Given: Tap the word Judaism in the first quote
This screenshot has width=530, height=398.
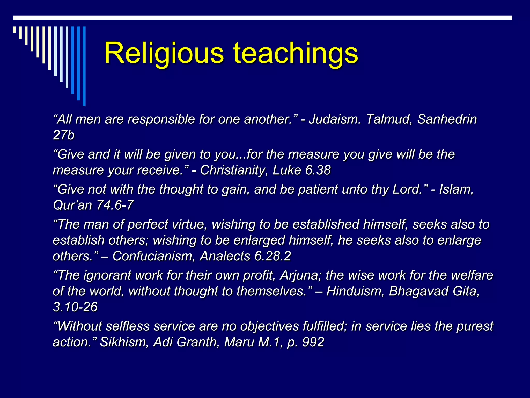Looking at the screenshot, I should click(334, 119).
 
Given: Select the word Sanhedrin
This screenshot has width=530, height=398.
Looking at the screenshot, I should click(447, 119).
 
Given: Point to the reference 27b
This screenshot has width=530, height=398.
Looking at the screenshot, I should click(64, 135).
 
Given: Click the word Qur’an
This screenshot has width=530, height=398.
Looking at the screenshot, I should click(72, 205).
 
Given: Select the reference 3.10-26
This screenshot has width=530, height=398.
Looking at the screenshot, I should click(75, 307).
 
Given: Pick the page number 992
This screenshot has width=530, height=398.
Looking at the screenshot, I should click(313, 342).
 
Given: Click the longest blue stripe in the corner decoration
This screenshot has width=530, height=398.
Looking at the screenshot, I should click(84, 66).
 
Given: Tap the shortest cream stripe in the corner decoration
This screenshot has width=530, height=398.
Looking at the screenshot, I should click(14, 30).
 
